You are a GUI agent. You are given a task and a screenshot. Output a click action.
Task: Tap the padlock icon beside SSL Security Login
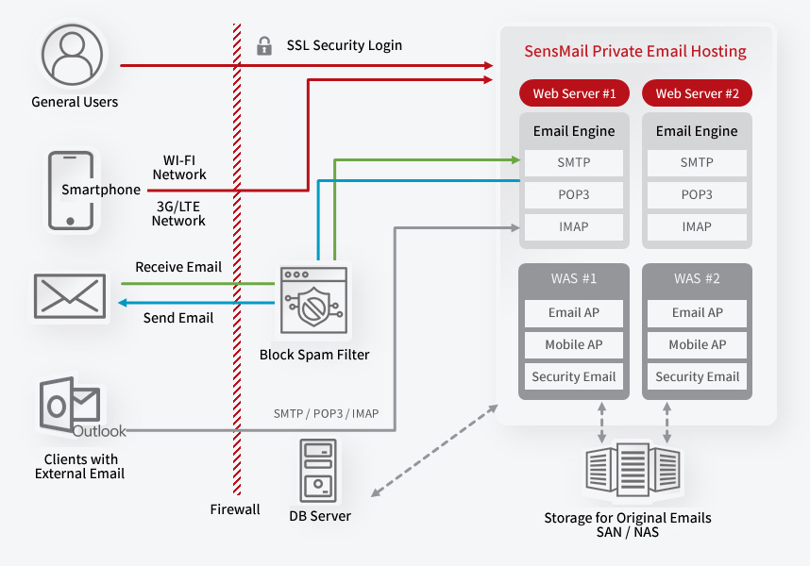pyautogui.click(x=263, y=45)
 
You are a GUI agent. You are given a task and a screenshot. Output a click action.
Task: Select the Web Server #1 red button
pyautogui.click(x=574, y=93)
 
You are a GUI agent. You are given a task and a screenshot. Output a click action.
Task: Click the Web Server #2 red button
pyautogui.click(x=697, y=93)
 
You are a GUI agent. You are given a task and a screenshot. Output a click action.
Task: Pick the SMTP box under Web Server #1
pyautogui.click(x=574, y=162)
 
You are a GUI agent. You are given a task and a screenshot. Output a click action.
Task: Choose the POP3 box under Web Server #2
pyautogui.click(x=697, y=194)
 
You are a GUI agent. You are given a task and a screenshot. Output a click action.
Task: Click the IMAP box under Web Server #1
pyautogui.click(x=574, y=226)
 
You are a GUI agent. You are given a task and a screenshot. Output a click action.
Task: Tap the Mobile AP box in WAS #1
pyautogui.click(x=574, y=344)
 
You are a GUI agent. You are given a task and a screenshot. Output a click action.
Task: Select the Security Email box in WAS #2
pyautogui.click(x=697, y=376)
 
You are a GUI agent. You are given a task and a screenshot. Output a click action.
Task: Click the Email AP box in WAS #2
pyautogui.click(x=697, y=312)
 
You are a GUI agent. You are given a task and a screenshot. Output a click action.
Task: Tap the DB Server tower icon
pyautogui.click(x=319, y=471)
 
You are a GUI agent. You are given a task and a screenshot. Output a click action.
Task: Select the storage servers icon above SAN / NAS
pyautogui.click(x=628, y=471)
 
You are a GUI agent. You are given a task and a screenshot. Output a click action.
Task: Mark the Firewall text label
pyautogui.click(x=235, y=509)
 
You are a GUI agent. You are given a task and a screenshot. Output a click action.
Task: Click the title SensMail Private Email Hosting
pyautogui.click(x=635, y=51)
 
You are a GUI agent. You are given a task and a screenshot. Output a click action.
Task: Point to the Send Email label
pyautogui.click(x=178, y=318)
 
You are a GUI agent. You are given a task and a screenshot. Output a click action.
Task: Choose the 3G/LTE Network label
pyautogui.click(x=179, y=212)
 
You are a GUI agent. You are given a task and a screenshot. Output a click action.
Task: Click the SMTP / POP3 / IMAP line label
pyautogui.click(x=326, y=414)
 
